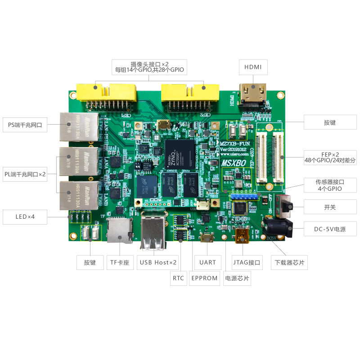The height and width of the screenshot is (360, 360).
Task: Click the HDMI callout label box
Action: pos(253,67)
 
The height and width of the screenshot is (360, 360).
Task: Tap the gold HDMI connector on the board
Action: pos(253,94)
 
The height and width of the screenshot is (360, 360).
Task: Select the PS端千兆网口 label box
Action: pos(25,125)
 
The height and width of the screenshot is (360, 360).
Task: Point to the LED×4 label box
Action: pos(25,217)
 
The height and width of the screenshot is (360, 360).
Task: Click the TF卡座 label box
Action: pos(120,262)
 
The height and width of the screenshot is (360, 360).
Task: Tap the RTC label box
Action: pos(178,278)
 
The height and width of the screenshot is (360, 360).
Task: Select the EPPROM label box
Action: pos(204,278)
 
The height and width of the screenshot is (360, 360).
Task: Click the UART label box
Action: pos(207,262)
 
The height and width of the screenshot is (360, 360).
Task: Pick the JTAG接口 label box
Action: pos(247,262)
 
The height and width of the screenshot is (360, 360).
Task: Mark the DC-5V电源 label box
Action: pos(330,229)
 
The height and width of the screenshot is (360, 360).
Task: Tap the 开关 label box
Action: pos(330,207)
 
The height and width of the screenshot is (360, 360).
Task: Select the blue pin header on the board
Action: pos(244,197)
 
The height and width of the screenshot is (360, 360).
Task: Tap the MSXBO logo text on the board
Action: pos(234,162)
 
